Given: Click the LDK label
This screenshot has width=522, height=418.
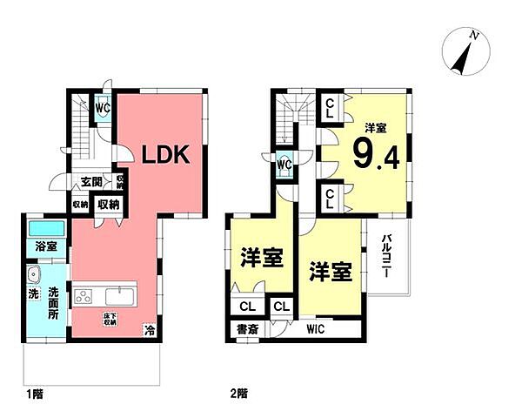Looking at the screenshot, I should [166, 154].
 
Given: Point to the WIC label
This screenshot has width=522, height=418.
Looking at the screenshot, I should [316, 330].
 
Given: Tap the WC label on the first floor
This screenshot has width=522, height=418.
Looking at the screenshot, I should [103, 107].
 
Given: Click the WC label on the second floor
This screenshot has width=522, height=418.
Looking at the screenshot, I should [284, 163].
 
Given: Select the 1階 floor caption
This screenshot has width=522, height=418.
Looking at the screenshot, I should [34, 394].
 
